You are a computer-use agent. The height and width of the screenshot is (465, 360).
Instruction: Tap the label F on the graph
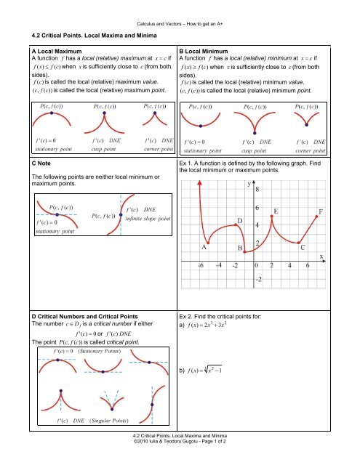pos(321,212)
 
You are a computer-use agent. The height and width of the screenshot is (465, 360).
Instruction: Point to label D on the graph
pos(239,219)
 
